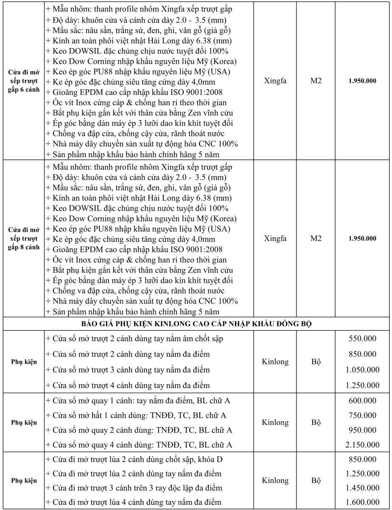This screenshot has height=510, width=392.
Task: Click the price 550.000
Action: (x=362, y=339)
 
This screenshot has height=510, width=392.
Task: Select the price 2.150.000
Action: (x=362, y=445)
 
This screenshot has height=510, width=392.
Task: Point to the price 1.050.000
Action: (x=362, y=370)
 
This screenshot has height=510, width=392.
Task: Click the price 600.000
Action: (x=362, y=401)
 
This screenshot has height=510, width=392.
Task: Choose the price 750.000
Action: (x=362, y=415)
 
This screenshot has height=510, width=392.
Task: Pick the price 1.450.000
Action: (x=362, y=488)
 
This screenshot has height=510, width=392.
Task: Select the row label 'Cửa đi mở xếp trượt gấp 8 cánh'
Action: (x=24, y=238)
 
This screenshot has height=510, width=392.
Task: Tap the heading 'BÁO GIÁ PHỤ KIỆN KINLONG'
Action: (x=196, y=324)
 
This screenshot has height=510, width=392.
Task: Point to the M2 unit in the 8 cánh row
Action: (x=316, y=238)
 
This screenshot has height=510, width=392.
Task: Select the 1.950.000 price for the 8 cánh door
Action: (x=362, y=238)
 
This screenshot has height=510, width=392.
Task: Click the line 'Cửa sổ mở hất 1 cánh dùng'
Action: (x=136, y=415)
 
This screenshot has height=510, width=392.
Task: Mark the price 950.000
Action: (x=362, y=430)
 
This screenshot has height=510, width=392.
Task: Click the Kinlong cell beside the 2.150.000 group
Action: (x=275, y=423)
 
